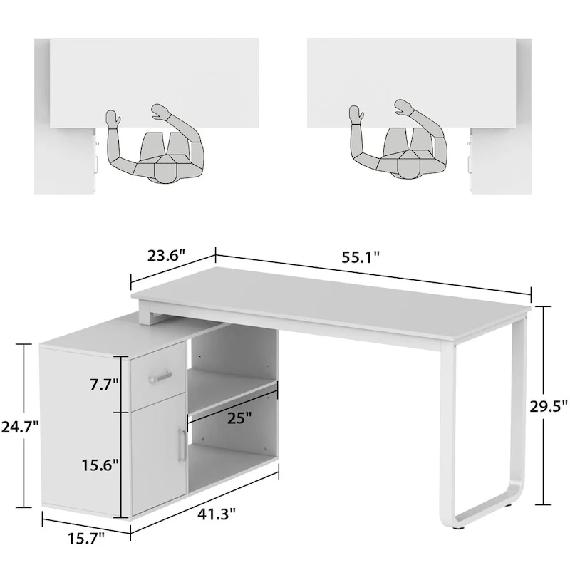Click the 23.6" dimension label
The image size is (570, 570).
168,254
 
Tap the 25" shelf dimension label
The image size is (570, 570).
239,418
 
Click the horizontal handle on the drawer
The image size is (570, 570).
160,375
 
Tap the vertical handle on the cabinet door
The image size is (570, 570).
180,446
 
